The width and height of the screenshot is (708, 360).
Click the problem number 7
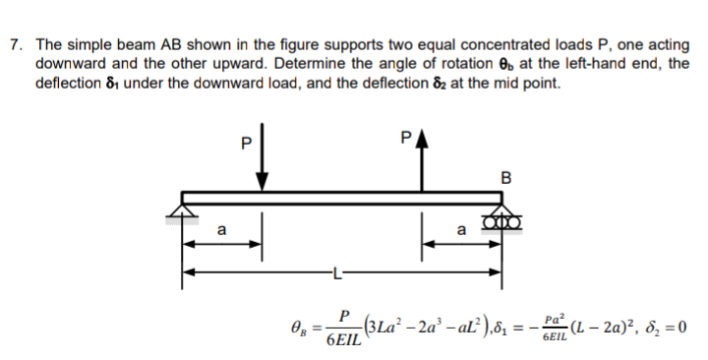12,45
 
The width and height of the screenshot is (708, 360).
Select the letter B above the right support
506,178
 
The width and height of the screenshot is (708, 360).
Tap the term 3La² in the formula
383,326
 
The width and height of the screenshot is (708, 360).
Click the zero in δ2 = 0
679,327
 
